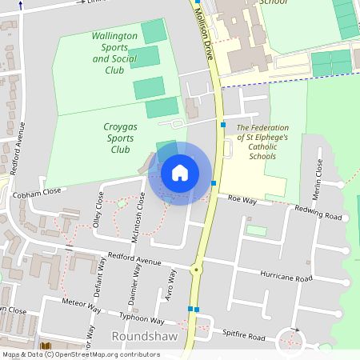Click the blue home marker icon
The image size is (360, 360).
click(180, 173)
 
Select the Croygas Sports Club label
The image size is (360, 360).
click(120, 138)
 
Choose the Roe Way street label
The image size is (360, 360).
click(241, 199)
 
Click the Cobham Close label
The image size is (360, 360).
click(37, 193)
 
